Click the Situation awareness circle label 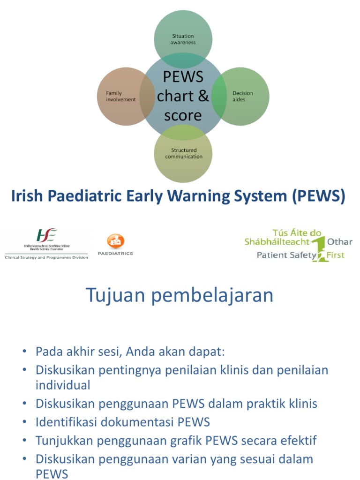click(183, 39)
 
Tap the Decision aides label click(242, 97)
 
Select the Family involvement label click(120, 97)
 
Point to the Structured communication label click(183, 153)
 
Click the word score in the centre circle click(183, 115)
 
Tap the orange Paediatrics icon click(115, 241)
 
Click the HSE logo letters click(46, 235)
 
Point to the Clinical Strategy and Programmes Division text click(46, 257)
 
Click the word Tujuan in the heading click(113, 296)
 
